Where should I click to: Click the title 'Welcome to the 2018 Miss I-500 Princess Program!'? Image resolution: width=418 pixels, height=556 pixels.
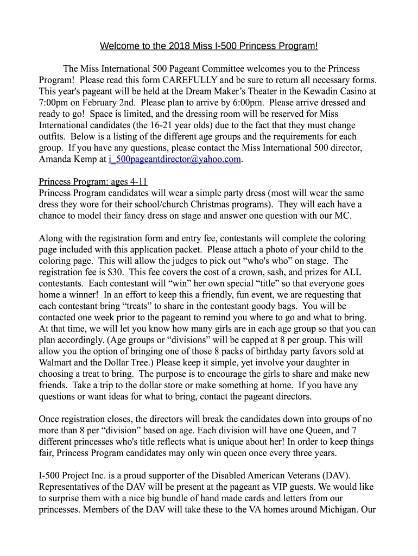coord(209,46)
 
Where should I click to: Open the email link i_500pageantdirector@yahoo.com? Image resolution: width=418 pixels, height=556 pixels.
coord(174,159)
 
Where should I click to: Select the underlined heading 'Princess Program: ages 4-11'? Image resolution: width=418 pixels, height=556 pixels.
coord(93,182)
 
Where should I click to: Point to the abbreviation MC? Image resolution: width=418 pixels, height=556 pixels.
coord(342,216)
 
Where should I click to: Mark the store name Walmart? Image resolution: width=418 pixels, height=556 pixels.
coord(59,362)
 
